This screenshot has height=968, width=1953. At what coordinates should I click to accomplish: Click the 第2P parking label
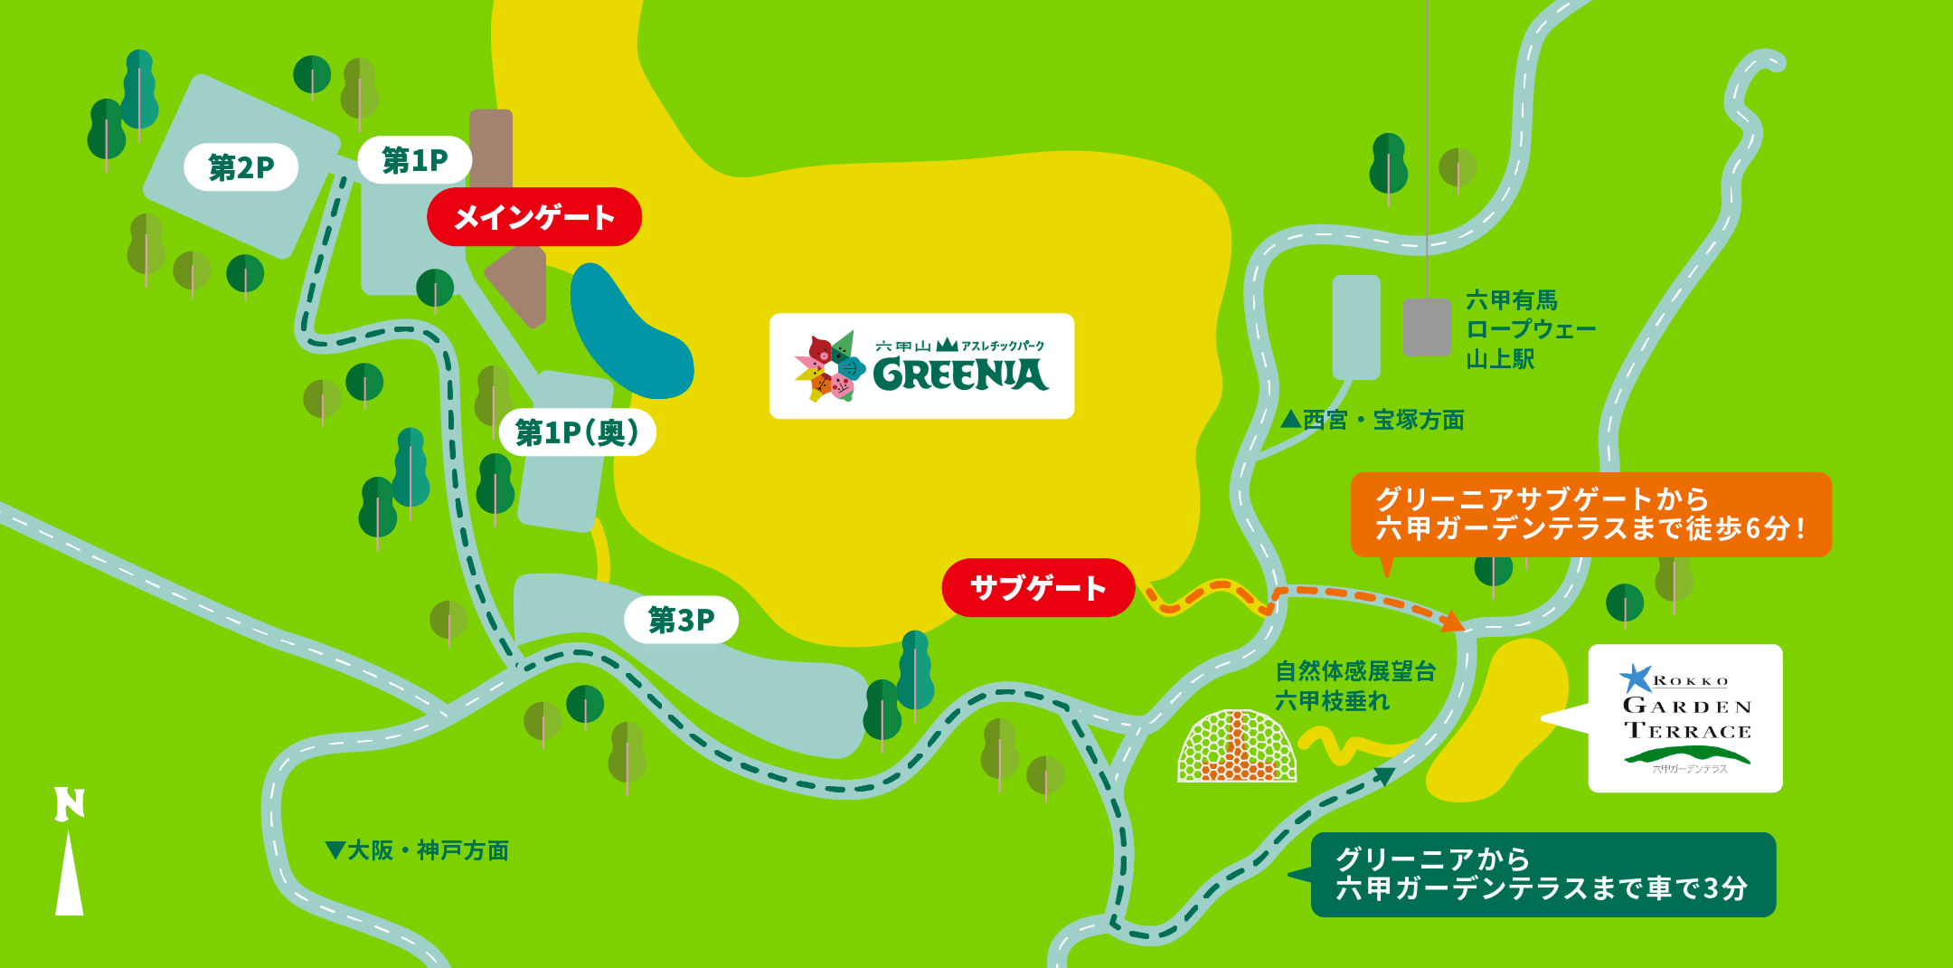click(x=241, y=167)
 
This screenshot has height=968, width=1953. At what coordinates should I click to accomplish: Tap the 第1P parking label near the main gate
click(x=414, y=160)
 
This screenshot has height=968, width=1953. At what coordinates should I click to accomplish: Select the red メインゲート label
click(x=533, y=217)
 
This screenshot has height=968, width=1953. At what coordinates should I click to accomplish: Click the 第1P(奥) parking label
click(x=577, y=432)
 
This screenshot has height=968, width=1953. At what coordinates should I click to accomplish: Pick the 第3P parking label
click(x=681, y=620)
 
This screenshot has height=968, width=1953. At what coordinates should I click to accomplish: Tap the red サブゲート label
click(x=1037, y=588)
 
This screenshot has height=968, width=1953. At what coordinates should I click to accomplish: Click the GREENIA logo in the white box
click(x=921, y=366)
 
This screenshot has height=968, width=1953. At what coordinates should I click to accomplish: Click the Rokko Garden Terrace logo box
click(x=1685, y=718)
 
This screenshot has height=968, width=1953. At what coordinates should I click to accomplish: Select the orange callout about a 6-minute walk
click(x=1590, y=514)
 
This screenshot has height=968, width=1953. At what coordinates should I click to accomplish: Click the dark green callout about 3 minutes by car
click(x=1543, y=874)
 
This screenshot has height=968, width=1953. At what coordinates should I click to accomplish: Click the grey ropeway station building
click(x=1427, y=327)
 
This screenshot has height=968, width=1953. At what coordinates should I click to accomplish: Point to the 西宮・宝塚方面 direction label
click(x=1373, y=420)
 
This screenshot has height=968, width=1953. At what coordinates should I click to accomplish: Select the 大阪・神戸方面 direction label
click(x=417, y=850)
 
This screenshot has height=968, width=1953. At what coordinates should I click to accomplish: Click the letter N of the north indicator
click(x=70, y=804)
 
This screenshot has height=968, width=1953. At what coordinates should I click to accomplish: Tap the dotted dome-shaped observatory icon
click(x=1236, y=746)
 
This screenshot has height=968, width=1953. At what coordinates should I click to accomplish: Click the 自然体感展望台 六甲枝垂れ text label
click(x=1354, y=686)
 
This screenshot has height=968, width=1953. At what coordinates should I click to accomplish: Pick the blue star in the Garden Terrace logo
click(x=1635, y=678)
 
